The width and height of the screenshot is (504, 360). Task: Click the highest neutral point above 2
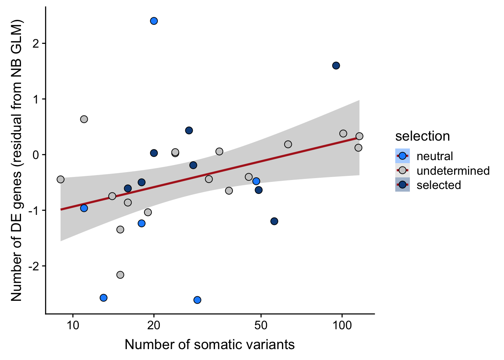click(154, 21)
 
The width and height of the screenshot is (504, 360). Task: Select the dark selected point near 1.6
click(336, 66)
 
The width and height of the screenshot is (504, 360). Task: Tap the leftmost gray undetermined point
click(61, 179)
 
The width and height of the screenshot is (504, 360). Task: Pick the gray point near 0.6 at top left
click(84, 119)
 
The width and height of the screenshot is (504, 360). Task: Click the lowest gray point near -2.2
click(120, 275)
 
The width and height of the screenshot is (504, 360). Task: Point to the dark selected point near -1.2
click(274, 221)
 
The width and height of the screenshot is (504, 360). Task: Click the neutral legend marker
click(402, 156)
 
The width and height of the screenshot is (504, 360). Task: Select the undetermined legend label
click(453, 171)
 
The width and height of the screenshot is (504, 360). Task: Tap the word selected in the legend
click(439, 185)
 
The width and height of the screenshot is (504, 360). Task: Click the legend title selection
click(422, 136)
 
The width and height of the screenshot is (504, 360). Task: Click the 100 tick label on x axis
click(342, 325)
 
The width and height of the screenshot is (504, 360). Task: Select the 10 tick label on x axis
click(73, 325)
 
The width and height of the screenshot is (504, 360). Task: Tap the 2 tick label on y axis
click(36, 43)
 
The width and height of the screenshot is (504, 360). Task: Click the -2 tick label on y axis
click(34, 266)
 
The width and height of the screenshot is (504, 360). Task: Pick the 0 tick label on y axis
click(36, 154)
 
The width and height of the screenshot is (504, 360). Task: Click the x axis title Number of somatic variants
click(210, 345)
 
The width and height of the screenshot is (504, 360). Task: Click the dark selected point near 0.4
click(189, 130)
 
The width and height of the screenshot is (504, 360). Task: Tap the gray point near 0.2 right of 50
click(288, 144)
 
